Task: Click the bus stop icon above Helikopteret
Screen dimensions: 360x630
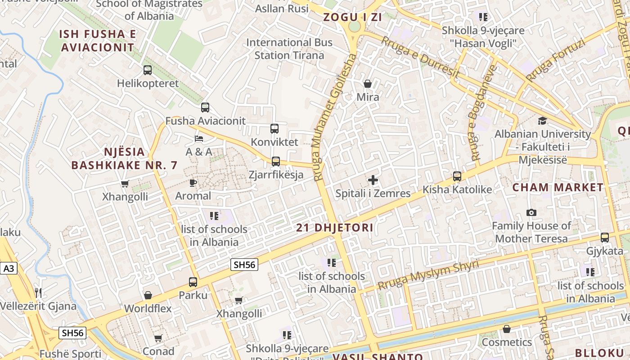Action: (x=148, y=70)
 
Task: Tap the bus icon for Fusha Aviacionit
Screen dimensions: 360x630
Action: (x=205, y=108)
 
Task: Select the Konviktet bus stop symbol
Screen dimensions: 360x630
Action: (x=274, y=129)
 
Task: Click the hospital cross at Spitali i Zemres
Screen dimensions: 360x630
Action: (x=373, y=180)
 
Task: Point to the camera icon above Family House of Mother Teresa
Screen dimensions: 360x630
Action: (x=531, y=212)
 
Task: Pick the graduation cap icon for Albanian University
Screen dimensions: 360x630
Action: (x=542, y=121)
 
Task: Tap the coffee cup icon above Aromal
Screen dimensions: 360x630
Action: (x=193, y=183)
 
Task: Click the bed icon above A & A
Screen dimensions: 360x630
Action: (x=199, y=138)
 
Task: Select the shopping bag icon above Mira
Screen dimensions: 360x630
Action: (x=368, y=84)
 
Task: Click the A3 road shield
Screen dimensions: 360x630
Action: (x=9, y=269)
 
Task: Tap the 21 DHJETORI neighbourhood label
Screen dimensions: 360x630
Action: (x=335, y=228)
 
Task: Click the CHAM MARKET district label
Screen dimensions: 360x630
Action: (x=558, y=187)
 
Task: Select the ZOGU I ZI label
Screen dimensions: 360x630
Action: (x=352, y=18)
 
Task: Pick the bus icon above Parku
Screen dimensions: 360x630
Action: (x=193, y=282)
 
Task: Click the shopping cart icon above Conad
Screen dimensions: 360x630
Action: (x=158, y=338)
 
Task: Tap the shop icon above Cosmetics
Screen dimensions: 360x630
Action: (x=507, y=329)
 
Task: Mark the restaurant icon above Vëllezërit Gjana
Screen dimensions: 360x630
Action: (x=38, y=293)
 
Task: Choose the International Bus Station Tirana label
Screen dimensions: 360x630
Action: (x=289, y=49)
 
